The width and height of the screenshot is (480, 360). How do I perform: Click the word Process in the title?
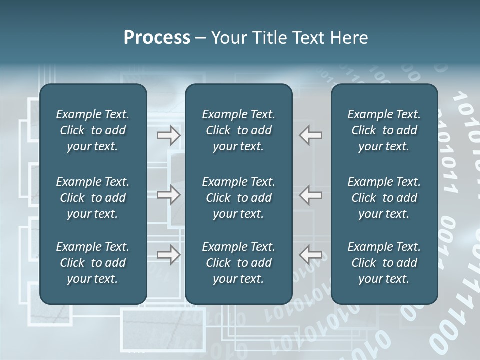point(157,38)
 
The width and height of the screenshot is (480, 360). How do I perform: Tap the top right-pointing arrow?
point(169,135)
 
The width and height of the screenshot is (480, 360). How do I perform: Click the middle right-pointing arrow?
point(169,195)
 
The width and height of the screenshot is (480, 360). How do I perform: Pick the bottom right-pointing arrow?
point(169,255)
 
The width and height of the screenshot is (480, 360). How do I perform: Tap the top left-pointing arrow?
point(311,135)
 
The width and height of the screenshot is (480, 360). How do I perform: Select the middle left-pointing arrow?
point(311,195)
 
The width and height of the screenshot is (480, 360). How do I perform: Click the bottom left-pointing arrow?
point(311,255)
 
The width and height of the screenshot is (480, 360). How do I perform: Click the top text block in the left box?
point(93,130)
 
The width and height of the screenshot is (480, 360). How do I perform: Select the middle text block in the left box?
point(93,198)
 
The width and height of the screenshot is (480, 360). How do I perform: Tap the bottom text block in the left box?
point(93,263)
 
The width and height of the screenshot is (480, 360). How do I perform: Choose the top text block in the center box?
point(238,130)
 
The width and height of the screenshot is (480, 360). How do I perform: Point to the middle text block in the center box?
point(238,198)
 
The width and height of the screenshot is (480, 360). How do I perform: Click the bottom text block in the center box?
point(238,263)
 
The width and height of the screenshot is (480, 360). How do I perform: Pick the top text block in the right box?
point(384,130)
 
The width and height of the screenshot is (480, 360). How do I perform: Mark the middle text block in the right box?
point(384,198)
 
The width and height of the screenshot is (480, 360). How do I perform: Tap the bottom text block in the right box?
point(384,263)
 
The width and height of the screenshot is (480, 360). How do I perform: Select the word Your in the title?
point(228,38)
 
